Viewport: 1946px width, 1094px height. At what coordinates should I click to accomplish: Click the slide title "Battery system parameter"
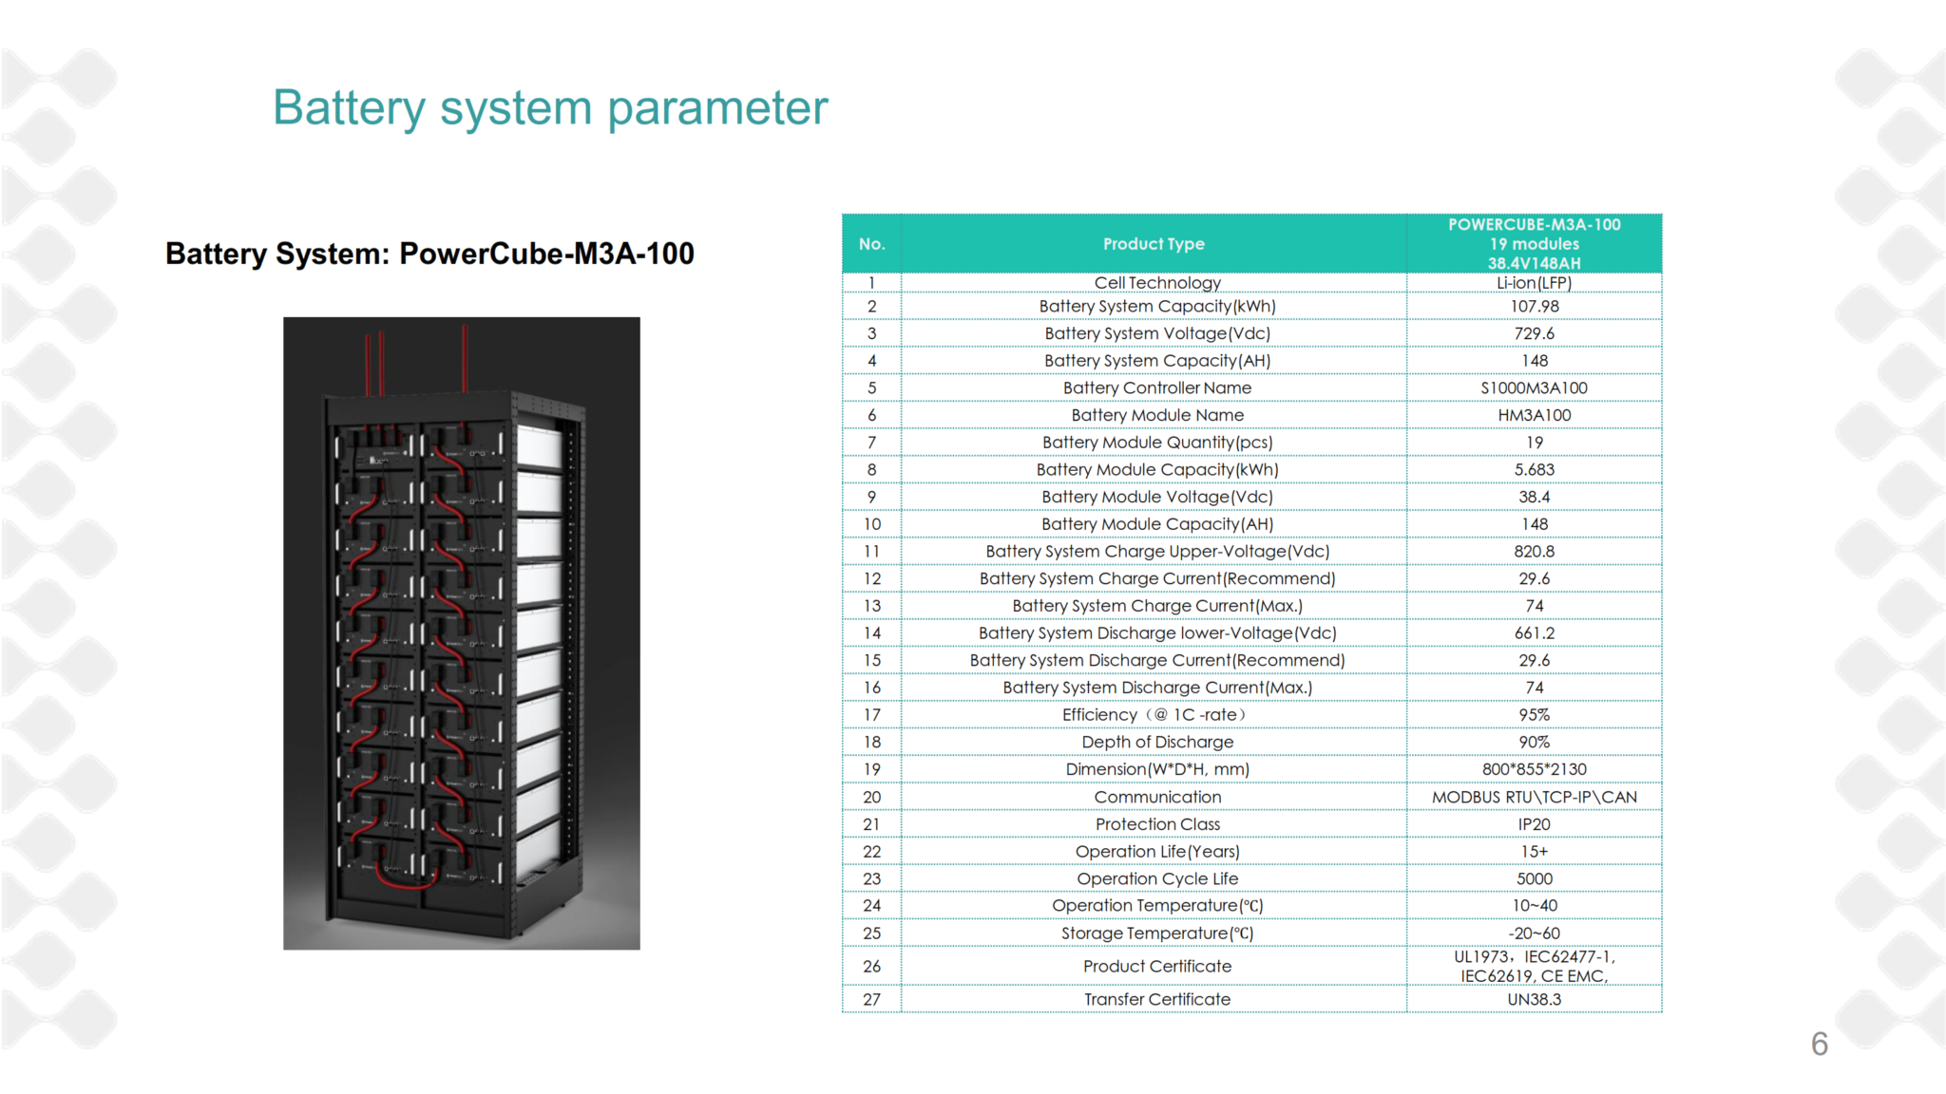[550, 107]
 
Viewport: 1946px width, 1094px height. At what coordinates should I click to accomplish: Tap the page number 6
[1819, 1044]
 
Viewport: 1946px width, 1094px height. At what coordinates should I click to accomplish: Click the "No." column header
[871, 244]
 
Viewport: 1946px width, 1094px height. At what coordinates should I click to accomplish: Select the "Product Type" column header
[1154, 244]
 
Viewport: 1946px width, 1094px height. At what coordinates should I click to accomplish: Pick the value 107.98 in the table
[1534, 307]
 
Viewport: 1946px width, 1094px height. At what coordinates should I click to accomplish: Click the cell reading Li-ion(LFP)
[1534, 283]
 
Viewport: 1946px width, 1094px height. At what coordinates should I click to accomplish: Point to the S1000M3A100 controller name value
[1534, 388]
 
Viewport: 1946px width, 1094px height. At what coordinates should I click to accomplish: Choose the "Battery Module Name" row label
[1156, 415]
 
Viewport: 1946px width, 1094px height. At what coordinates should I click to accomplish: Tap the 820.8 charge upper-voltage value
[1534, 552]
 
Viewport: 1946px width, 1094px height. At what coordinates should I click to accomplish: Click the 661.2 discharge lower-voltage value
[1534, 633]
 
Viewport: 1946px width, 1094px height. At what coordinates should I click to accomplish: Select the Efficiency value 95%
[1534, 715]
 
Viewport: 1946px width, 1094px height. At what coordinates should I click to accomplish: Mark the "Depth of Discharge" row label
[1156, 742]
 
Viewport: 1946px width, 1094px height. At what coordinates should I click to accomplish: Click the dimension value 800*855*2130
[1534, 769]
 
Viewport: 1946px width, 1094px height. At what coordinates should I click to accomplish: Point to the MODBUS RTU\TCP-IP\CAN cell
[1534, 798]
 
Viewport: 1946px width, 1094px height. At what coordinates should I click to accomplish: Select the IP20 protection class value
[1534, 824]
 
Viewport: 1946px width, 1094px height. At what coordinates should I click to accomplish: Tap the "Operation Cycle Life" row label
[1156, 879]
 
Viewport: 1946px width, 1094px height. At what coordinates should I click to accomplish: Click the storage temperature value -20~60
[1534, 934]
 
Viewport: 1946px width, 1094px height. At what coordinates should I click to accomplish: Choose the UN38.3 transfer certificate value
[1534, 999]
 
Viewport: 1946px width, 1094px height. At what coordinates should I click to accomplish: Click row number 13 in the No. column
[871, 606]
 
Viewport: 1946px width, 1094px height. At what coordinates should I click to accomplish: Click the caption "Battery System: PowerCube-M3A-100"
[429, 254]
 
